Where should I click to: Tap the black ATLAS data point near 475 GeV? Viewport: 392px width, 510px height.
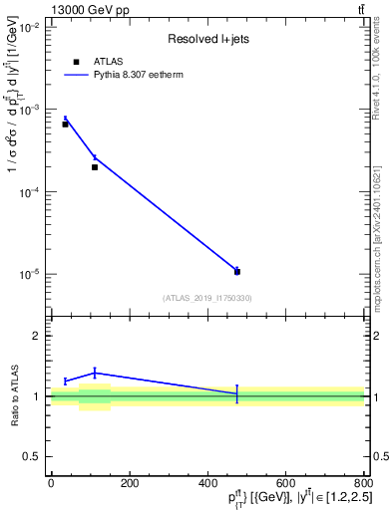[x=237, y=271]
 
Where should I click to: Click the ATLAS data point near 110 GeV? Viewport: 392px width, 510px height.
[x=95, y=167]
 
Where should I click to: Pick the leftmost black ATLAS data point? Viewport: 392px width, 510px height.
[x=65, y=125]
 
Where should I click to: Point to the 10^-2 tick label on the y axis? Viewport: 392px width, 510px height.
[x=28, y=28]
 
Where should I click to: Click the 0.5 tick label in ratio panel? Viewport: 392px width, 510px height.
[x=32, y=457]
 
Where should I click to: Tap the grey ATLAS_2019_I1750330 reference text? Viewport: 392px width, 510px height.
[x=207, y=297]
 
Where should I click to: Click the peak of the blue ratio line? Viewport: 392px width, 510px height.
[x=95, y=373]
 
